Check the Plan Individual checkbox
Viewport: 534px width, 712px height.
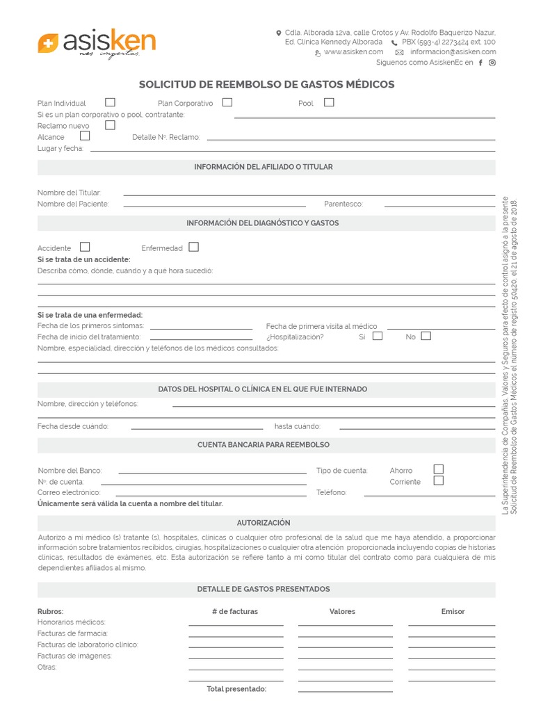pyautogui.click(x=110, y=102)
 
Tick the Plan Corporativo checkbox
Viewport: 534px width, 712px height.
pyautogui.click(x=227, y=102)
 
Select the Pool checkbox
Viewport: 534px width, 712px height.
pyautogui.click(x=329, y=102)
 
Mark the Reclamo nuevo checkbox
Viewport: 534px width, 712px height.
pyautogui.click(x=110, y=125)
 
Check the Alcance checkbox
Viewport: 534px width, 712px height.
pyautogui.click(x=85, y=136)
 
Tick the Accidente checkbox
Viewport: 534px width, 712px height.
pyautogui.click(x=85, y=247)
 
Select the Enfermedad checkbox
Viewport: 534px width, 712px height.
pyautogui.click(x=193, y=247)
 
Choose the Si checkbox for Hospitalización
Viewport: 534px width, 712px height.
pyautogui.click(x=378, y=336)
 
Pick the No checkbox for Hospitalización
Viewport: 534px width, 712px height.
pyautogui.click(x=426, y=336)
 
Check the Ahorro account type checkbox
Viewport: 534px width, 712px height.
pyautogui.click(x=438, y=469)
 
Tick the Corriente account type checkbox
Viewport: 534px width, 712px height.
pyautogui.click(x=438, y=480)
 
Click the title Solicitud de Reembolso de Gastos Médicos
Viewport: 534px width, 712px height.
pyautogui.click(x=266, y=85)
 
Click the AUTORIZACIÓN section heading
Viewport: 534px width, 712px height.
pyautogui.click(x=264, y=522)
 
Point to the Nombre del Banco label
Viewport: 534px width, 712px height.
pyautogui.click(x=70, y=471)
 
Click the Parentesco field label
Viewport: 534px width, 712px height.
pyautogui.click(x=343, y=204)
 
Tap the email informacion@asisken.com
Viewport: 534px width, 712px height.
pyautogui.click(x=453, y=52)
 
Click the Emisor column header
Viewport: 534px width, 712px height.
pyautogui.click(x=453, y=611)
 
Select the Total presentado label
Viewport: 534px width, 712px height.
pyautogui.click(x=236, y=689)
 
